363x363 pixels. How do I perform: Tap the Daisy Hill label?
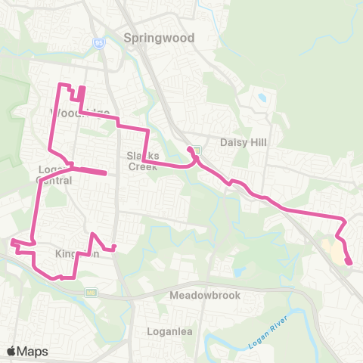pyautogui.click(x=240, y=142)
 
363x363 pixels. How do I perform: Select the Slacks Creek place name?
pyautogui.click(x=139, y=160)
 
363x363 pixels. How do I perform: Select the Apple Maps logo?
pyautogui.click(x=26, y=351)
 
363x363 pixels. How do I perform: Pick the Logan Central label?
pyautogui.click(x=54, y=174)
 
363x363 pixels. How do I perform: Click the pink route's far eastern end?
pyautogui.click(x=349, y=262)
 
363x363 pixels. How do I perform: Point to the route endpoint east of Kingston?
pyautogui.click(x=114, y=247)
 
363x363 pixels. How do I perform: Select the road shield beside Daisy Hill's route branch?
pyautogui.click(x=197, y=149)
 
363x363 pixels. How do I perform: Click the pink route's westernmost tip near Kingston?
pyautogui.click(x=11, y=241)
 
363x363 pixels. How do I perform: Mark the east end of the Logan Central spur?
pyautogui.click(x=104, y=173)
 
